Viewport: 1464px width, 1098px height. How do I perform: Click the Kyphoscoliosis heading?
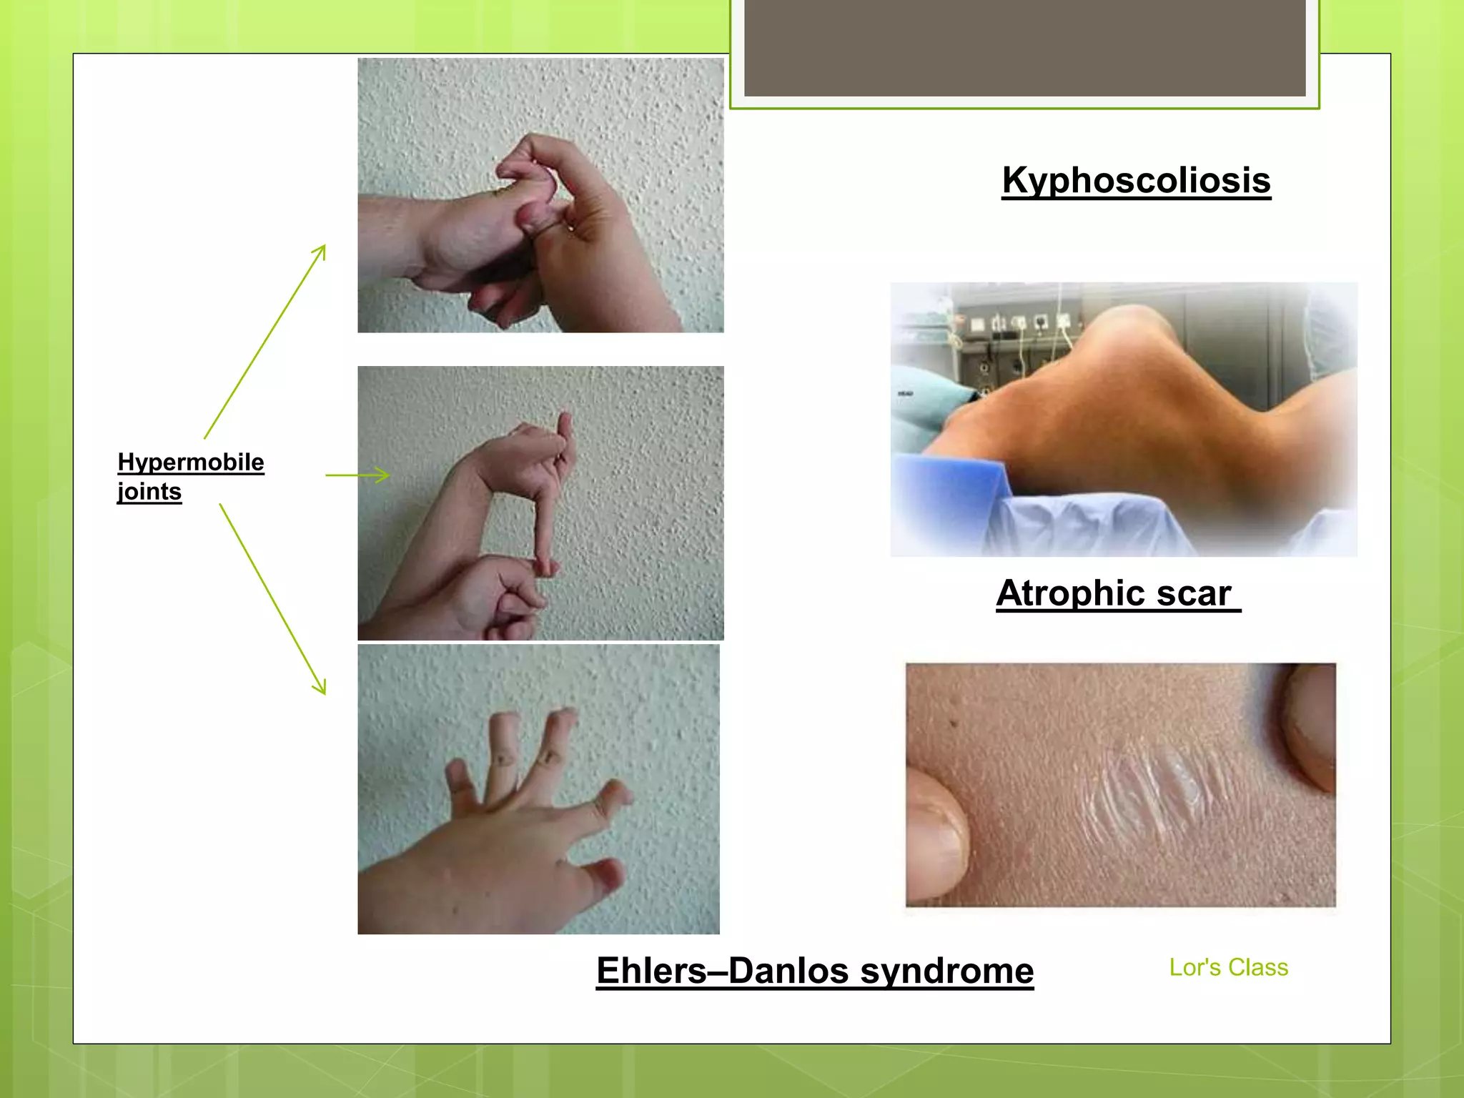(x=1136, y=180)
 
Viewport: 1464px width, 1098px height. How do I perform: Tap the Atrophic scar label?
(x=1114, y=593)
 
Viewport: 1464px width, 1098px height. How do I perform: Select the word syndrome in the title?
(x=946, y=971)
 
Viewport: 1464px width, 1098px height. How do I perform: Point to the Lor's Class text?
(x=1228, y=967)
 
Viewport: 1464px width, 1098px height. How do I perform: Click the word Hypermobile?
(x=191, y=462)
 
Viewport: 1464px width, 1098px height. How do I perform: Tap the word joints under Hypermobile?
(x=149, y=492)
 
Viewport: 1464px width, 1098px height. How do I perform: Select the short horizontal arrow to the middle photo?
(x=357, y=475)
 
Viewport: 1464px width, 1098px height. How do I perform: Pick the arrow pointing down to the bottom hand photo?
(x=272, y=599)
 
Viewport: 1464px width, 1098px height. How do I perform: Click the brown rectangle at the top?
(x=1024, y=47)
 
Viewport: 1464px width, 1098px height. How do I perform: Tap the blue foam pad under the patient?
(x=951, y=493)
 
